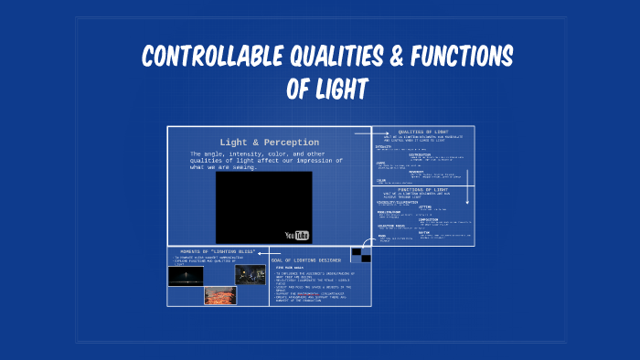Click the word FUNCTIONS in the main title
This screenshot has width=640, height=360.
[463, 58]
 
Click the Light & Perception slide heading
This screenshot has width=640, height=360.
[269, 142]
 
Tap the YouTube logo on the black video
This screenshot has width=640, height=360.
[297, 235]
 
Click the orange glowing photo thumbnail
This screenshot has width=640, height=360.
[219, 295]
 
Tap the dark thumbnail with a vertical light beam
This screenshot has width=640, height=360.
[186, 274]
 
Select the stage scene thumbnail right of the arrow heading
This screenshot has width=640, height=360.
[250, 274]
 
